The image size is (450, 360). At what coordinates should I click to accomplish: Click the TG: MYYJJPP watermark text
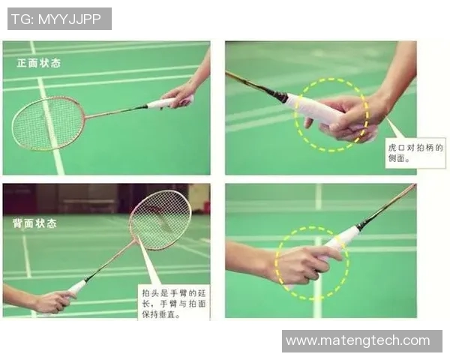(56, 19)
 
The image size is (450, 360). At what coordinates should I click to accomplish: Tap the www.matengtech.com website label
(358, 340)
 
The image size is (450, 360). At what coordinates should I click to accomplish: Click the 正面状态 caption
(39, 63)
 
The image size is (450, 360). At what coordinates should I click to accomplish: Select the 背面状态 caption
(34, 223)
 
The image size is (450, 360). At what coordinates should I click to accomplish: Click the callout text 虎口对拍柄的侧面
(415, 153)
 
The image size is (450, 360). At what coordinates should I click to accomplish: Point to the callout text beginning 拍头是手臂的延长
(174, 304)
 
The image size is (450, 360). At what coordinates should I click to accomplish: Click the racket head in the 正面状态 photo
(49, 123)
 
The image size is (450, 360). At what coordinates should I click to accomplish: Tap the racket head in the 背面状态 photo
(160, 220)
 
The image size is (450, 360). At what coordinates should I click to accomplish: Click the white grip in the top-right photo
(316, 108)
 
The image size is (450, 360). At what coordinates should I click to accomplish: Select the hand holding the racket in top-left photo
(178, 95)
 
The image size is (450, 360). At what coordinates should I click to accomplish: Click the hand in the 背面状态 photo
(53, 301)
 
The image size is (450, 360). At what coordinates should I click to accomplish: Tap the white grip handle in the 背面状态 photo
(77, 287)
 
